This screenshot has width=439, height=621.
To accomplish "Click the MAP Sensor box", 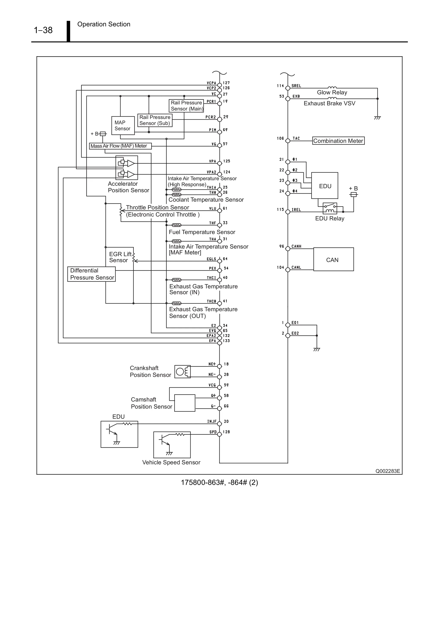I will tap(123, 125).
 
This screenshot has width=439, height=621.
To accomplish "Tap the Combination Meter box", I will tap(338, 141).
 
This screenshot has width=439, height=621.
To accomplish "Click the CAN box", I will tap(333, 259).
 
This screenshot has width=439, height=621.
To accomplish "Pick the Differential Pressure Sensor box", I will tap(92, 274).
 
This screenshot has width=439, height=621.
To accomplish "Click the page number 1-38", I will tap(43, 30).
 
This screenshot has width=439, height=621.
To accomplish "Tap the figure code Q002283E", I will tap(387, 471).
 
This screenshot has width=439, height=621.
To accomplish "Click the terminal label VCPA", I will tap(211, 83).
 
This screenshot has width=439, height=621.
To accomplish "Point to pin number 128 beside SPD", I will tap(226, 432).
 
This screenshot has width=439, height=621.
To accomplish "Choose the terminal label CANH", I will tap(296, 246).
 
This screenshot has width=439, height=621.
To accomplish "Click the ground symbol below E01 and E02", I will tap(316, 349).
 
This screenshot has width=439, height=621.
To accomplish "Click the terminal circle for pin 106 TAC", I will tap(288, 141).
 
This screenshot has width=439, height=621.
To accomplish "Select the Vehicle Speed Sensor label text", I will tap(171, 462).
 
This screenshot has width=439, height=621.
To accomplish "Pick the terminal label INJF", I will tap(212, 421).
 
